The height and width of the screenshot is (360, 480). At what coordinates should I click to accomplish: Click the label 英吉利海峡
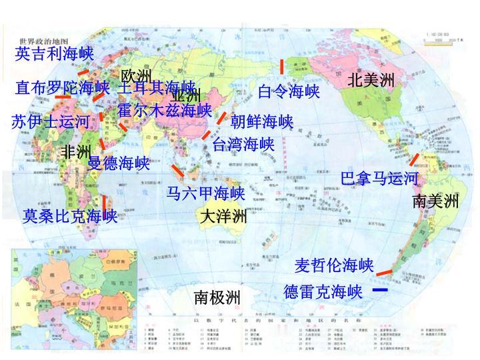(x=55, y=53)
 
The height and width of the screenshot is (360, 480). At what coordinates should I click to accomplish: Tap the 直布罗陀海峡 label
(x=63, y=87)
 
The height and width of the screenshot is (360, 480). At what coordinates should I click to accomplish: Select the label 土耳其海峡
(x=157, y=87)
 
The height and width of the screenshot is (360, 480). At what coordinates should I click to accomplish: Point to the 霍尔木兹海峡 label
(x=165, y=110)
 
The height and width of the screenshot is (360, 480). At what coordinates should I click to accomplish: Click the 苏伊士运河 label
(x=51, y=122)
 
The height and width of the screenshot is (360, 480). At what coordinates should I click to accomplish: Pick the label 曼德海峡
(x=119, y=163)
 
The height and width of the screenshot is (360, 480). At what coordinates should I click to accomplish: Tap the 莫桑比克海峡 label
(x=70, y=216)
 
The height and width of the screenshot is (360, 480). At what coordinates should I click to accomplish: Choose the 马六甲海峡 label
(x=206, y=193)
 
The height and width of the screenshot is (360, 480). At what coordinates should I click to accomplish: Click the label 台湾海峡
(x=243, y=144)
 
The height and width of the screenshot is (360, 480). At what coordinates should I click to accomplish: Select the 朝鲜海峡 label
(x=262, y=122)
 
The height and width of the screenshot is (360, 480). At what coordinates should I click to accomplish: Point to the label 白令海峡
(x=289, y=91)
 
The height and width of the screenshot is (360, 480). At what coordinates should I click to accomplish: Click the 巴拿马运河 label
(x=379, y=179)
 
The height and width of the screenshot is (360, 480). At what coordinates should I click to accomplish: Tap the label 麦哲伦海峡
(x=334, y=265)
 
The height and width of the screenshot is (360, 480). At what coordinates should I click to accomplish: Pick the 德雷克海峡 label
(x=323, y=292)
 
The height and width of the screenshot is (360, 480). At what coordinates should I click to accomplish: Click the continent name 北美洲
(x=371, y=81)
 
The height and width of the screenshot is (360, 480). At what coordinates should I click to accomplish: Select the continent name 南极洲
(x=217, y=297)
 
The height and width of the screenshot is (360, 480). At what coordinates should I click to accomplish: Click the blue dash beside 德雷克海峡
(x=380, y=291)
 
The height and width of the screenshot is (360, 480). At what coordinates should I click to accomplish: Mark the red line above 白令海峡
(x=282, y=67)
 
